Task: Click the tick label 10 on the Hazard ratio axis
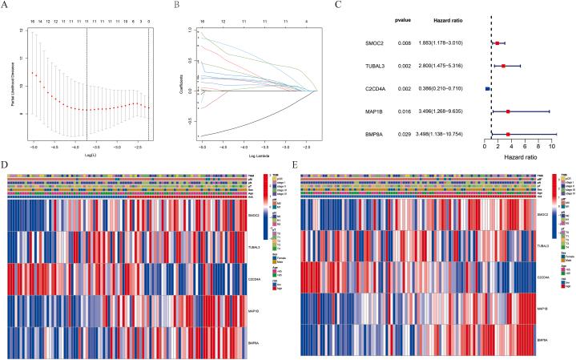coord(551,148)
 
